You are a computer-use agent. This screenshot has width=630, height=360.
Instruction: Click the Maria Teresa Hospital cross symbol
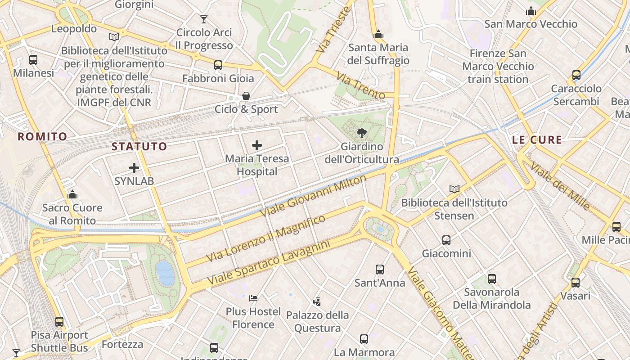tap(257, 145)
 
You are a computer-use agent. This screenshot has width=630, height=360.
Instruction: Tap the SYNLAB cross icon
tap(134, 168)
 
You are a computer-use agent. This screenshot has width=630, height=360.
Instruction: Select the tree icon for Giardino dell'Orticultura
tap(361, 133)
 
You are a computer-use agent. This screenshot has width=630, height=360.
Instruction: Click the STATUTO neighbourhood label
tap(139, 146)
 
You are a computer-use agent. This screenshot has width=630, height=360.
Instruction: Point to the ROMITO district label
tap(42, 136)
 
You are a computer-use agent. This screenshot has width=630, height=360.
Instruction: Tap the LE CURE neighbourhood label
tap(537, 140)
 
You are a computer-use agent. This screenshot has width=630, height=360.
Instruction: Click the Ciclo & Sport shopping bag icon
tap(246, 96)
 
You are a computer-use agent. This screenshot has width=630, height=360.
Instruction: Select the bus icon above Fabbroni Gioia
tap(218, 65)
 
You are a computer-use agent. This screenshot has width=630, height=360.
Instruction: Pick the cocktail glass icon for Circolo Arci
tap(204, 19)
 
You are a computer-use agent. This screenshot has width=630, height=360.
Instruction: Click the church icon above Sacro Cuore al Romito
tap(72, 194)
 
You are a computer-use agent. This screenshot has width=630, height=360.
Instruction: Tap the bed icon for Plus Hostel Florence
tap(253, 298)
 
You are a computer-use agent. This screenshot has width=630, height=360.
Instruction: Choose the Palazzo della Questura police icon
tap(317, 301)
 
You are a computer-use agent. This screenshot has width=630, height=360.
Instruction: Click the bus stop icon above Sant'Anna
tap(380, 270)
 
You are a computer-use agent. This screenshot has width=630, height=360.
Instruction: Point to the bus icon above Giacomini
tap(446, 240)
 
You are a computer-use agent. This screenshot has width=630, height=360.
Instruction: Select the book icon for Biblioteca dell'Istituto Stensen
tap(454, 189)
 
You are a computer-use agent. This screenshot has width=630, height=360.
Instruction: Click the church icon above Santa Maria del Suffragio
tap(378, 35)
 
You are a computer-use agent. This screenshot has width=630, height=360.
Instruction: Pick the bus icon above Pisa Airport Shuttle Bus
tap(59, 322)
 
